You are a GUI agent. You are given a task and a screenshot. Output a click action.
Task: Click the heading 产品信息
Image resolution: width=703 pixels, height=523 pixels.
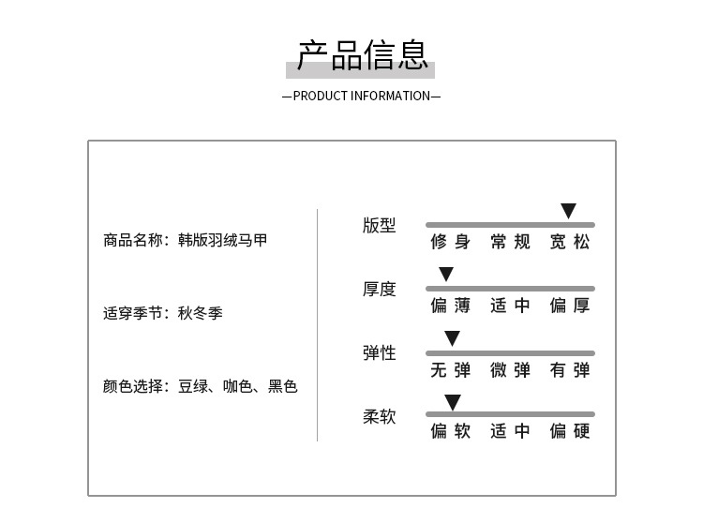click(x=362, y=55)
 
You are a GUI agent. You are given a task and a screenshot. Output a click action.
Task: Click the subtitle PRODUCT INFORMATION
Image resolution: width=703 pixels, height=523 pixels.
click(x=362, y=96)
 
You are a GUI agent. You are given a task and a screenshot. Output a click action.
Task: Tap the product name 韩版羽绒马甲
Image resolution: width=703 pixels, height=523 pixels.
click(x=222, y=240)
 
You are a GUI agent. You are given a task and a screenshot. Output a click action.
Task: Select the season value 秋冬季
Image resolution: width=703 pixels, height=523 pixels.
click(x=200, y=313)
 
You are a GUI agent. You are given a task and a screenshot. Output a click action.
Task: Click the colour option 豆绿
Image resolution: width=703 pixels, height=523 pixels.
click(x=193, y=386)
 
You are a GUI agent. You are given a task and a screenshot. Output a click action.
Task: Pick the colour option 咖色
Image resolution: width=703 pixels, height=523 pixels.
click(x=238, y=386)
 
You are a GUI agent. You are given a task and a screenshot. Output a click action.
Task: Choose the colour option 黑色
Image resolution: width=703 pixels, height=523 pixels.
click(x=282, y=386)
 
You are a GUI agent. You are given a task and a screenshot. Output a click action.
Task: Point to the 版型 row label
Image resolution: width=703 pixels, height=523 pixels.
click(x=380, y=226)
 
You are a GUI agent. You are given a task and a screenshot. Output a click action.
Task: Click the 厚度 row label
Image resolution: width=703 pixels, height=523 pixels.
click(x=380, y=289)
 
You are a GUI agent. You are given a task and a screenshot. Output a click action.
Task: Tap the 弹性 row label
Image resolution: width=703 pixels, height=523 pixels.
click(x=380, y=353)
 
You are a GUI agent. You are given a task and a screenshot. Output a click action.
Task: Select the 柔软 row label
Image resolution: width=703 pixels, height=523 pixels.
click(x=380, y=417)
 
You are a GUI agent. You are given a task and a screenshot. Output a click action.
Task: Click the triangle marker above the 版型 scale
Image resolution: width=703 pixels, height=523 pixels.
click(x=569, y=210)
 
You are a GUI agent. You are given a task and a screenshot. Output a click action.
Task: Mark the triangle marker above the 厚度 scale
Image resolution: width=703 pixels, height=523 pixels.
click(x=446, y=274)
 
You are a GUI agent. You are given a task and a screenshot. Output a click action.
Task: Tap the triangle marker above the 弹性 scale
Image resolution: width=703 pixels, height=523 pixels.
click(x=453, y=337)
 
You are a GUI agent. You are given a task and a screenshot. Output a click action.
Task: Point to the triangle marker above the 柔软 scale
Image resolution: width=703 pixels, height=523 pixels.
click(x=453, y=401)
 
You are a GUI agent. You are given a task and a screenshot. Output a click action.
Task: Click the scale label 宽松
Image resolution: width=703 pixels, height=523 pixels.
click(x=570, y=242)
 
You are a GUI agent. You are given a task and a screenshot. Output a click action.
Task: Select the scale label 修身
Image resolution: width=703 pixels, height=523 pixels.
click(x=451, y=242)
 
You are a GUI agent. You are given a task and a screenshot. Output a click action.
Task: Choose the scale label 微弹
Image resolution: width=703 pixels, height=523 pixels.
click(x=510, y=370)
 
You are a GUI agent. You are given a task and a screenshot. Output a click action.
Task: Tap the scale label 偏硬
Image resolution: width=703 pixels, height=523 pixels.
click(x=570, y=431)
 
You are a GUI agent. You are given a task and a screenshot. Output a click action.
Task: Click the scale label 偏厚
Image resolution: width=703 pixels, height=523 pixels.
click(x=570, y=306)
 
